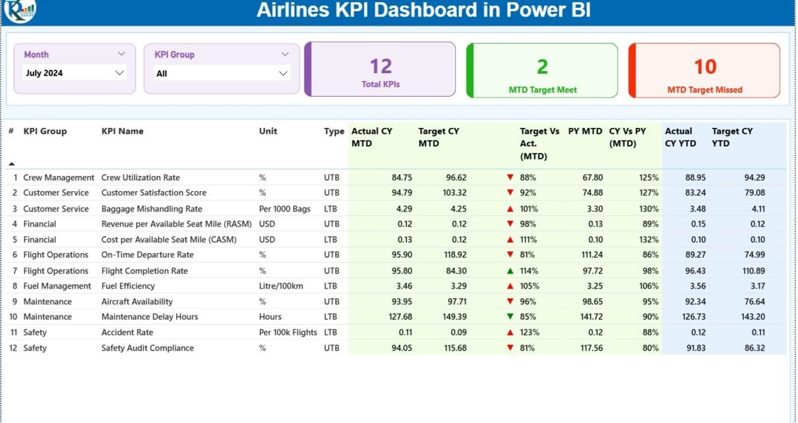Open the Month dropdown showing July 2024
coord(74,73)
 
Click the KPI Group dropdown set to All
coord(222,73)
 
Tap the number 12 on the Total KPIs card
coord(381,66)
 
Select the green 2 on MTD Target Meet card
coord(542,67)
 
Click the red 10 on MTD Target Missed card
coord(705,67)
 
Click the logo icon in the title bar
coord(20,10)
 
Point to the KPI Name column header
coord(123,131)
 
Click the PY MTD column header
coord(585,131)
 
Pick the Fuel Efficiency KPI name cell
coord(128,286)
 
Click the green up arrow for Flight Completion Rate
coord(510,271)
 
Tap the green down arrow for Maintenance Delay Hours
coord(510,317)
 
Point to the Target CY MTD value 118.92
coord(452,255)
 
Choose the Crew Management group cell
coord(59,178)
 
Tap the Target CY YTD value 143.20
coord(751,317)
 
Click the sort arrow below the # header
coord(11,163)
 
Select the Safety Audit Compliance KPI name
coord(148,348)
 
